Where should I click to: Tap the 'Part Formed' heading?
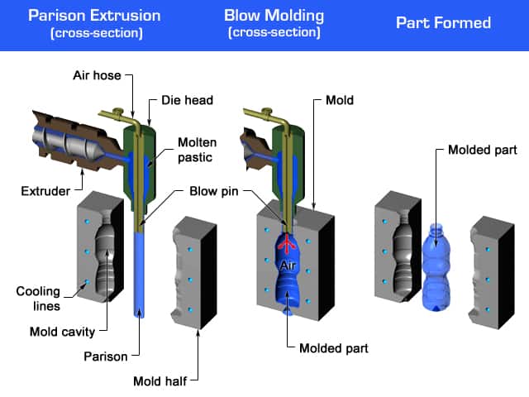pyautogui.click(x=443, y=22)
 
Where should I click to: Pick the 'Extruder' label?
pyautogui.click(x=43, y=192)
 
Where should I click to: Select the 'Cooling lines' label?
pyautogui.click(x=38, y=299)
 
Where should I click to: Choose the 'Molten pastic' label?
pyautogui.click(x=198, y=149)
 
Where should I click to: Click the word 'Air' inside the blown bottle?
pyautogui.click(x=288, y=265)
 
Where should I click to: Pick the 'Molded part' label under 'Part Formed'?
pyautogui.click(x=482, y=150)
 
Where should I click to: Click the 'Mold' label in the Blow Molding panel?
pyautogui.click(x=339, y=101)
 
